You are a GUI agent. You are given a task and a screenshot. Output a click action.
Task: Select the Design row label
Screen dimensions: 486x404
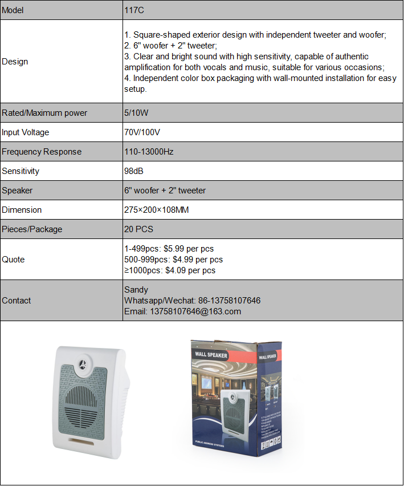coord(15,62)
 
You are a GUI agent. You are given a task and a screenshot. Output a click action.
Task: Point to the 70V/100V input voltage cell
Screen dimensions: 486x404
coord(142,132)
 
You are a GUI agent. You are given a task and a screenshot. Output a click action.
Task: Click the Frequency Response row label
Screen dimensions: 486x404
coord(42,152)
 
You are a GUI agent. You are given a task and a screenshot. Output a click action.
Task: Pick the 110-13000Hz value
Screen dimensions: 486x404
coord(149,152)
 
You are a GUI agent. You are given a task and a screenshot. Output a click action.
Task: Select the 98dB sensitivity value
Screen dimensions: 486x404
coord(134,171)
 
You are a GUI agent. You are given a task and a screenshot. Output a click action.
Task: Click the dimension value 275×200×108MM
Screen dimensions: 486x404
coord(156,210)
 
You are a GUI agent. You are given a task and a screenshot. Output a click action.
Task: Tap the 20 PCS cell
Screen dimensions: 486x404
coord(138,229)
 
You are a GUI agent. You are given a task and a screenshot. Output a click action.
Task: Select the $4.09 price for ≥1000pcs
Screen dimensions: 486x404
coord(175,270)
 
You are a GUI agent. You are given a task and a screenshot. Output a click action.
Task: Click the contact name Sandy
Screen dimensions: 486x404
coord(136,290)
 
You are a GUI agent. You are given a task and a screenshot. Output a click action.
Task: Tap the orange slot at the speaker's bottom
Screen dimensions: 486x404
coord(81,441)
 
